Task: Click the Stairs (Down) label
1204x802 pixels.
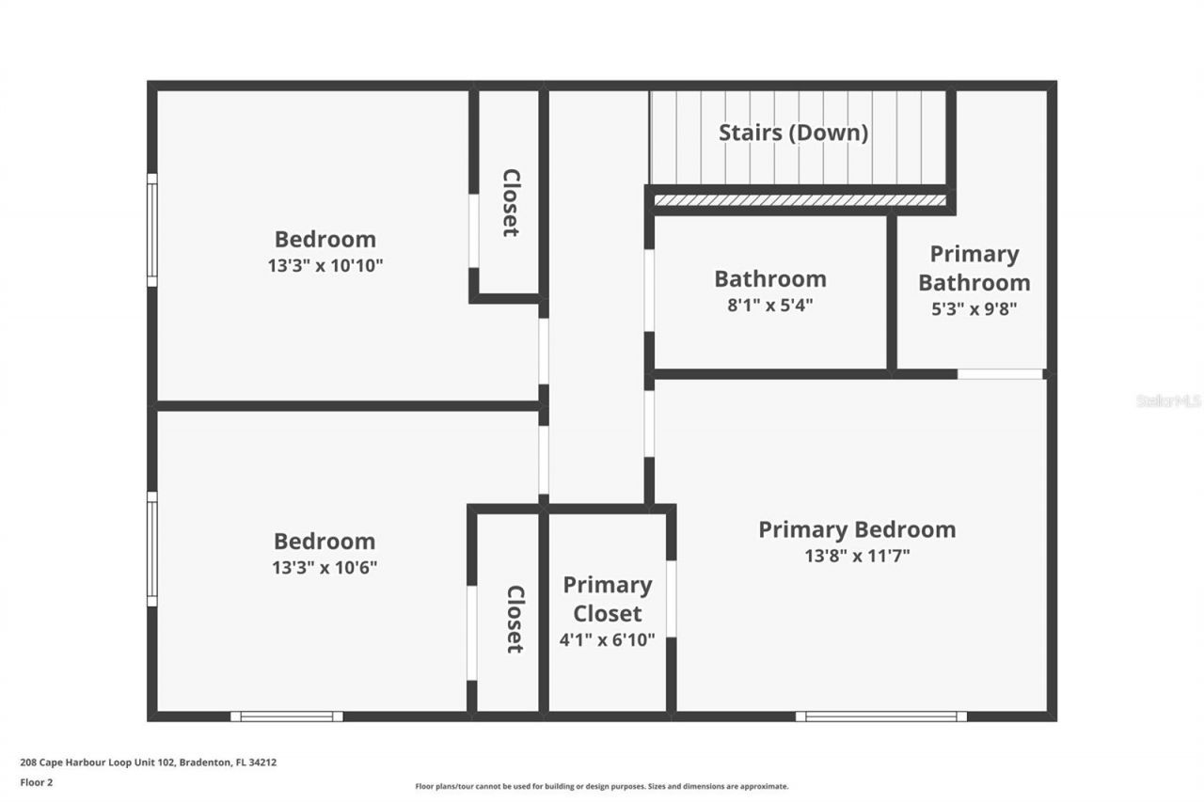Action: click(x=793, y=133)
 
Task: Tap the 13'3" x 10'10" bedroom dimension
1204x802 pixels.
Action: click(x=325, y=266)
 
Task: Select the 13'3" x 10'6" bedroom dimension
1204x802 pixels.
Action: click(x=325, y=568)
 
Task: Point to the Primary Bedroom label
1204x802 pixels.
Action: click(x=857, y=529)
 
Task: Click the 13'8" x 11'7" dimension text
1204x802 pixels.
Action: click(x=857, y=556)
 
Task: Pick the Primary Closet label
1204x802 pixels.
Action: click(x=608, y=599)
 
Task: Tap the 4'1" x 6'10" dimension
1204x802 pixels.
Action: click(x=608, y=641)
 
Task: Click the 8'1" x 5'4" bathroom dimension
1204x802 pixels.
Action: click(x=769, y=306)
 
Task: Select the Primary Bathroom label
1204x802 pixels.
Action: click(x=974, y=268)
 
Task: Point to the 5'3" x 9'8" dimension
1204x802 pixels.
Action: click(x=974, y=307)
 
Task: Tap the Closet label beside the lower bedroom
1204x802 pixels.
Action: click(x=515, y=619)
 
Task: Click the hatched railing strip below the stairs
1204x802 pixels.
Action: click(x=800, y=200)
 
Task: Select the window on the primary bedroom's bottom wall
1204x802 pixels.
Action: click(x=880, y=716)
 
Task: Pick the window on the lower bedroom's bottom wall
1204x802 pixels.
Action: click(x=287, y=716)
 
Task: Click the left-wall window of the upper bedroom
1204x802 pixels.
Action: click(x=151, y=229)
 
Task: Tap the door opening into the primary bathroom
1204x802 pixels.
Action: click(x=1000, y=374)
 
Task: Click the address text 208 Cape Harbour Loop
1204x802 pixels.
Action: click(x=149, y=763)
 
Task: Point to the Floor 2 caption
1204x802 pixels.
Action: click(x=37, y=782)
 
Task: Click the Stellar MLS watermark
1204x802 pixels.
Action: click(x=1168, y=401)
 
